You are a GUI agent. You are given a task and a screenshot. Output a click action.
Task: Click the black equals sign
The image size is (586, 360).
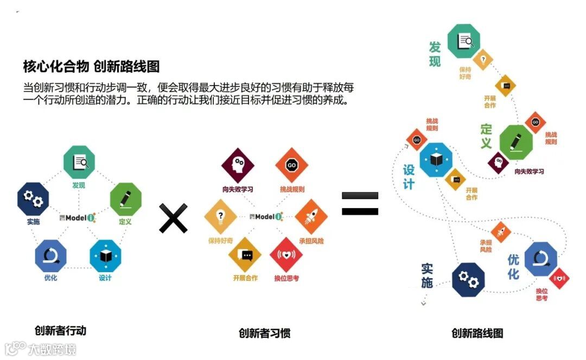click(x=360, y=203)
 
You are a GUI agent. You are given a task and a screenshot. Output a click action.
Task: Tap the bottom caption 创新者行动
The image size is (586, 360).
click(x=60, y=330)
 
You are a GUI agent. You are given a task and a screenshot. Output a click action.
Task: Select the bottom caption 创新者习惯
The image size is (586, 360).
click(x=264, y=332)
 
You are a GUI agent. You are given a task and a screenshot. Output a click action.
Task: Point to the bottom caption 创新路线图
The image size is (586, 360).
click(x=477, y=333)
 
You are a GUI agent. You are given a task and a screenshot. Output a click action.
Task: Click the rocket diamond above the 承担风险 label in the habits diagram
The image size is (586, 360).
click(x=311, y=216)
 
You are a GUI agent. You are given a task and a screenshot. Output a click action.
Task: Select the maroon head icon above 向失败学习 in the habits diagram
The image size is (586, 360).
click(x=238, y=165)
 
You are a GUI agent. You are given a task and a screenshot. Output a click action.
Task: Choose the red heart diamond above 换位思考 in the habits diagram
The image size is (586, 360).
click(x=286, y=254)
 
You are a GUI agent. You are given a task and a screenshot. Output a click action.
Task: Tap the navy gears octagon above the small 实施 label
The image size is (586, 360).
click(x=33, y=199)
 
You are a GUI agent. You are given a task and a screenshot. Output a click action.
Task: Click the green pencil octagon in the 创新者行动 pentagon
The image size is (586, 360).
click(x=125, y=199)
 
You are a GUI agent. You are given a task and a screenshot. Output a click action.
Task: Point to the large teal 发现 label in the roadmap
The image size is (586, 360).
click(x=435, y=54)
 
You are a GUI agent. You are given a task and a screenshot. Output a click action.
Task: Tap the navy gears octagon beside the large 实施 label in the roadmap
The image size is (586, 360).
click(x=468, y=280)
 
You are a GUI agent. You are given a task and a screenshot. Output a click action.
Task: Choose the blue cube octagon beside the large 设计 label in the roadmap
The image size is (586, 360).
click(x=436, y=159)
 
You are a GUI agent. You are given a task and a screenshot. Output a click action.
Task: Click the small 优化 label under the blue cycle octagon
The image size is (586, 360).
click(x=50, y=278)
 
